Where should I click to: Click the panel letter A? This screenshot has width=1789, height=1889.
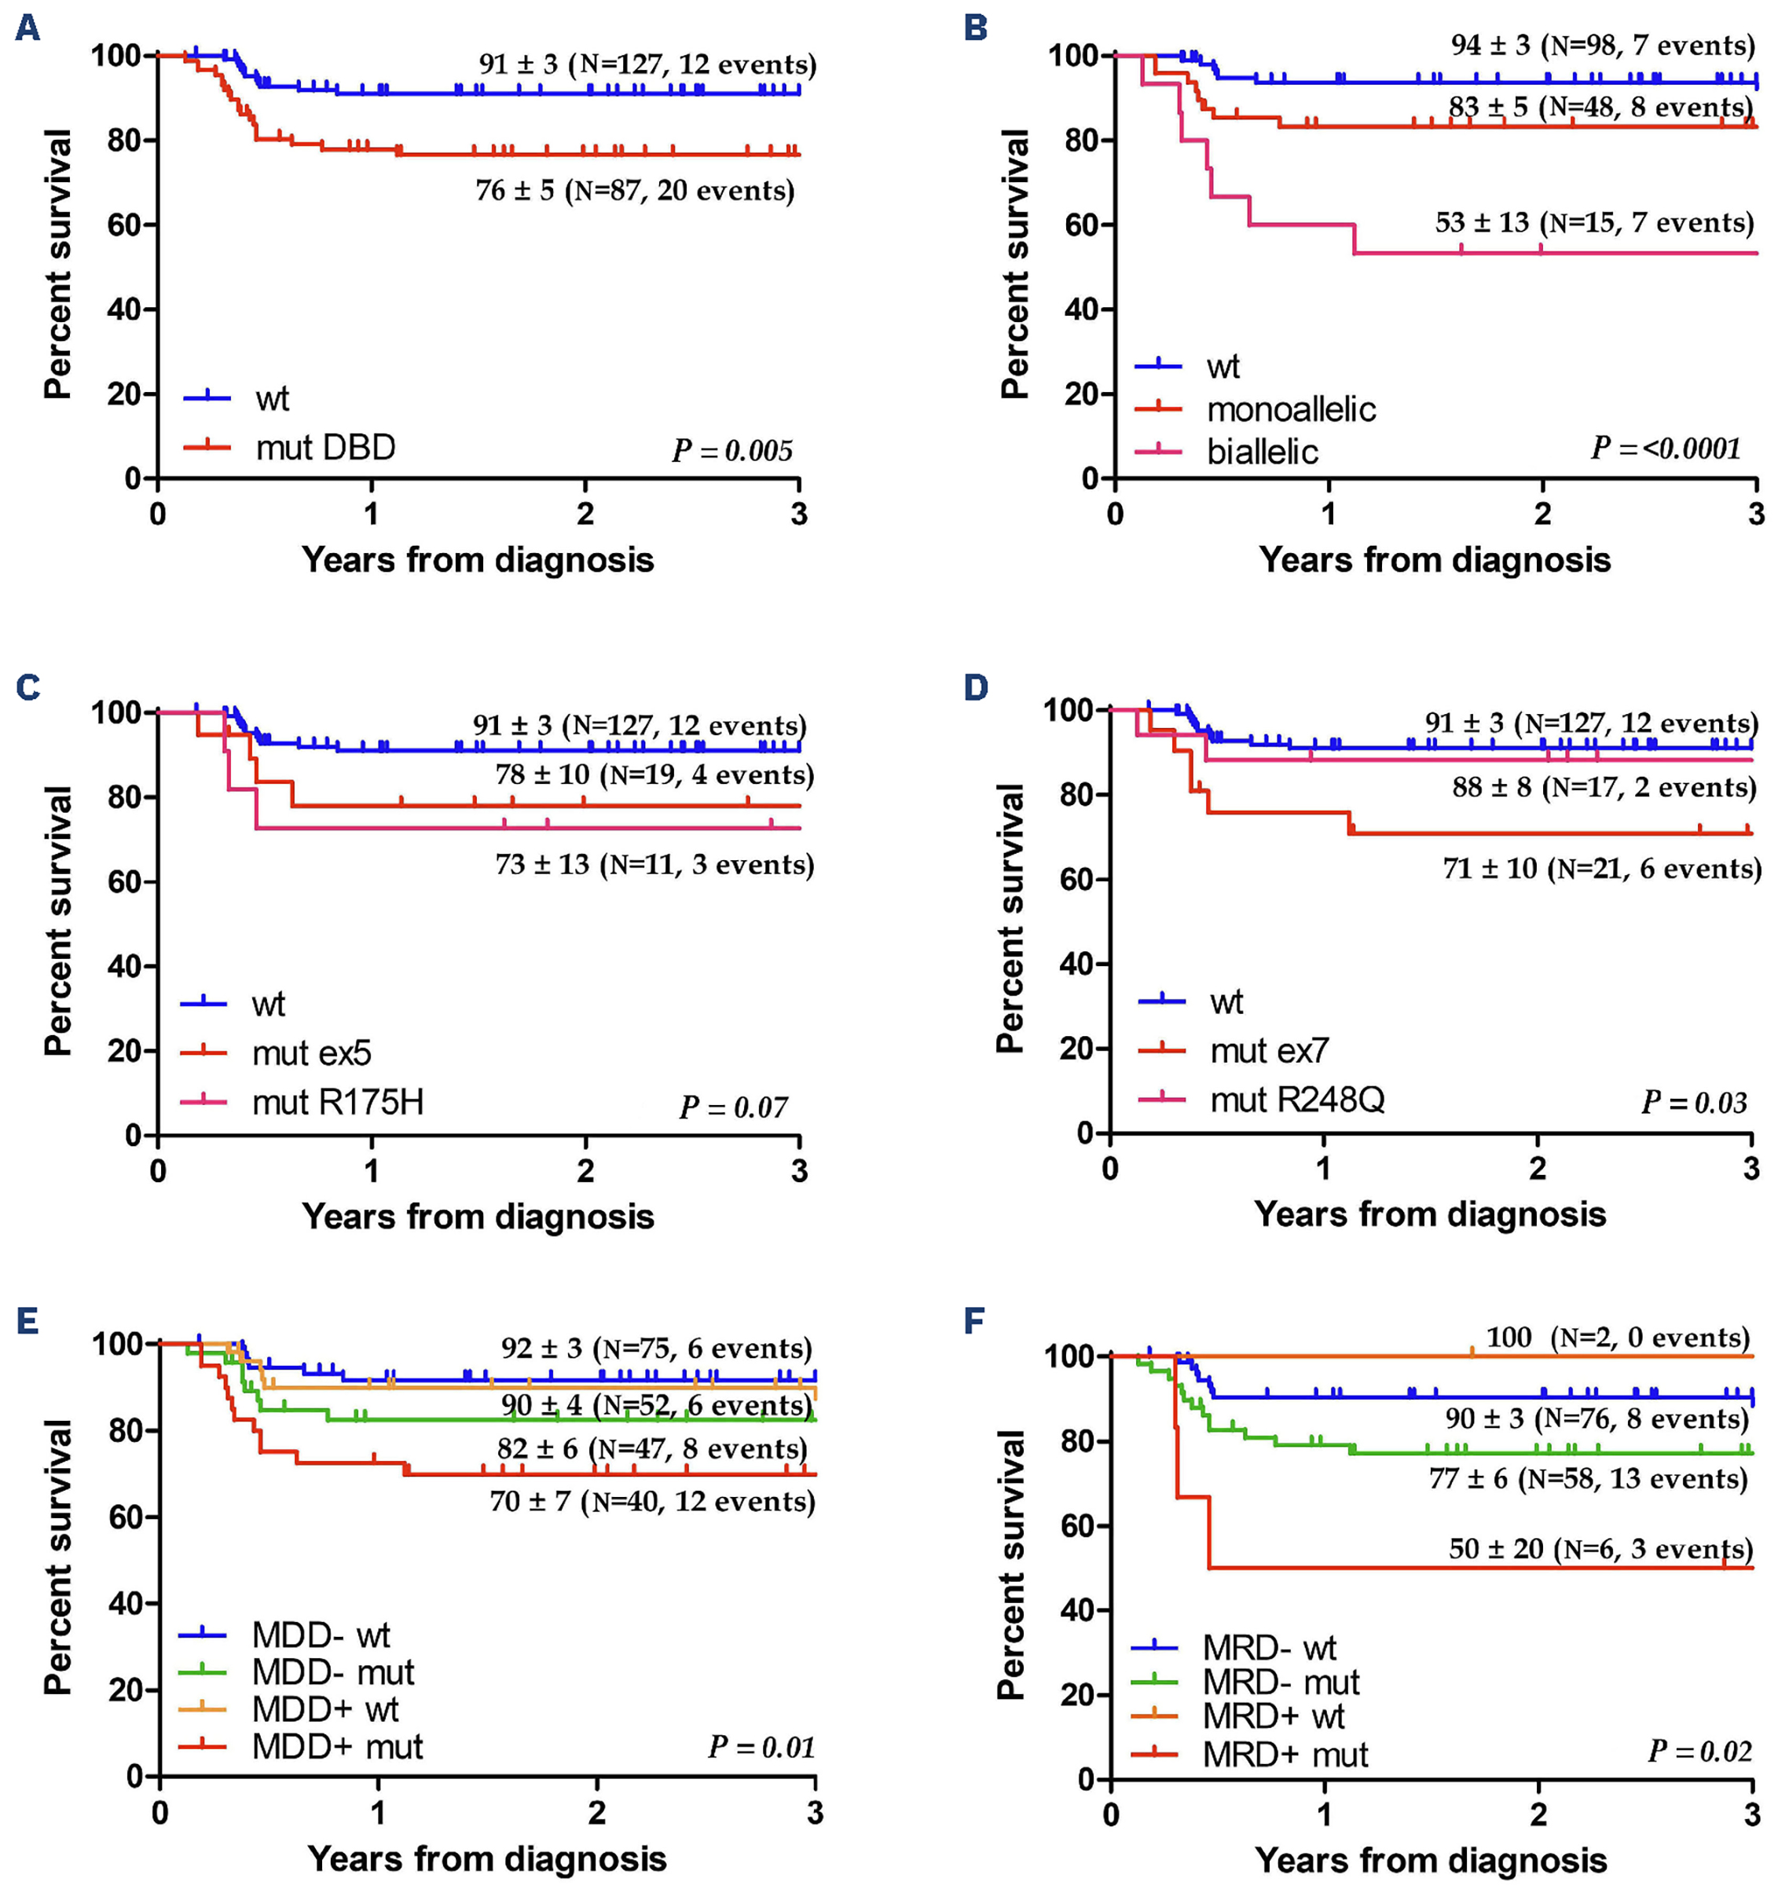[x=27, y=27]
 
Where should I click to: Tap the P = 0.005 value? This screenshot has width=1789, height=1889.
[x=731, y=450]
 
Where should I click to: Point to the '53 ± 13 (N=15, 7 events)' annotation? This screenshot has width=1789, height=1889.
[x=1593, y=223]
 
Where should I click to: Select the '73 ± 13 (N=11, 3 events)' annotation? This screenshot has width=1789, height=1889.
[x=654, y=865]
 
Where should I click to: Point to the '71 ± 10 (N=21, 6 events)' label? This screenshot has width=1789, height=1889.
[x=1601, y=869]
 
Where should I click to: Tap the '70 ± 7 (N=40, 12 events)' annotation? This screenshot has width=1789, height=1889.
[x=652, y=1502]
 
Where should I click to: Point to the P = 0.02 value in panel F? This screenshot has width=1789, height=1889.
[x=1699, y=1752]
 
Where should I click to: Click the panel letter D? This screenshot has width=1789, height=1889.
[x=976, y=687]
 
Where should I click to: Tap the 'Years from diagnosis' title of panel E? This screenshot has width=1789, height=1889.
[x=486, y=1858]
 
